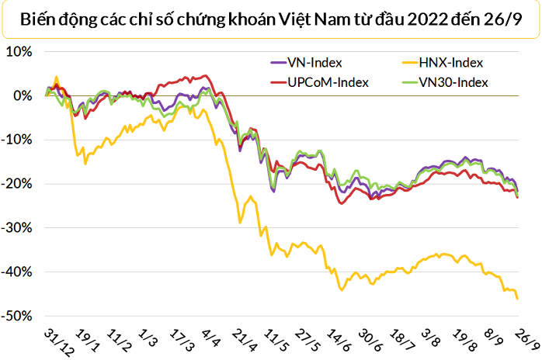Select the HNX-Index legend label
pos(448,63)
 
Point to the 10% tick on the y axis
pos(18,52)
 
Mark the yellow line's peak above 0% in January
pos(56,78)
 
